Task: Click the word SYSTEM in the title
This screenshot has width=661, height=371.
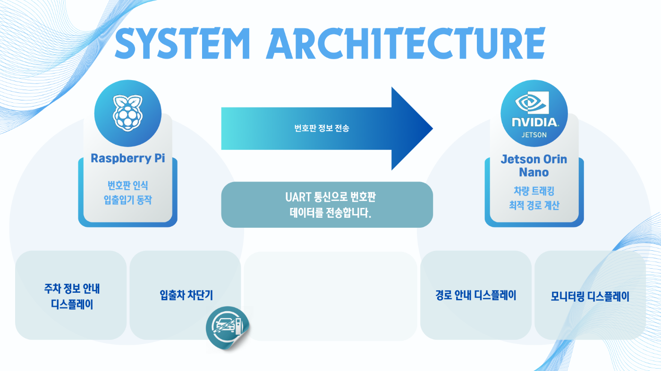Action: coord(182,43)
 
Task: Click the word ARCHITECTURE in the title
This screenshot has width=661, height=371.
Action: coord(406,43)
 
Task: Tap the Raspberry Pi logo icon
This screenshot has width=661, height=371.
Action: coord(128,113)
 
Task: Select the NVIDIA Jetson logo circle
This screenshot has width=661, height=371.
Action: coord(534,113)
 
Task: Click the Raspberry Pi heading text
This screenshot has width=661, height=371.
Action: coord(128,158)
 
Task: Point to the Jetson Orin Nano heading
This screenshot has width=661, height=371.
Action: coord(534,165)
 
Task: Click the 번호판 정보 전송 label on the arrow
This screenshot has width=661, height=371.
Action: coord(322,128)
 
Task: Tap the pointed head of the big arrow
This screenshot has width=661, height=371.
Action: coord(432,129)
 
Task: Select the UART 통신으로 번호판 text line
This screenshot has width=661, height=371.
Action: coord(330,197)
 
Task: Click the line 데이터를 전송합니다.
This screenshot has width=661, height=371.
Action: coord(330,213)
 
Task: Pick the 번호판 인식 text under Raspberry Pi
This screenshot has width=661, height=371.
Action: coord(128,185)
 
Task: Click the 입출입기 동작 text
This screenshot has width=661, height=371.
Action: coord(128,200)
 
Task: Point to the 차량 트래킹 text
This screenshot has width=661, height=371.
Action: coord(534,191)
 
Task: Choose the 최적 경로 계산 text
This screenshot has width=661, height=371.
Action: coord(534,205)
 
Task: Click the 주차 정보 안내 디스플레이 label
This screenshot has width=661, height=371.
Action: coord(72,297)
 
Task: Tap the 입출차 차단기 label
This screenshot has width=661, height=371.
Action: coord(186,295)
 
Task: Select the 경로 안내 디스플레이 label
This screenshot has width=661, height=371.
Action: coord(476,295)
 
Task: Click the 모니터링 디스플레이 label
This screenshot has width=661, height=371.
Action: coord(590,297)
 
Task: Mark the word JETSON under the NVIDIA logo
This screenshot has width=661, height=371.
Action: coord(534,135)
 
